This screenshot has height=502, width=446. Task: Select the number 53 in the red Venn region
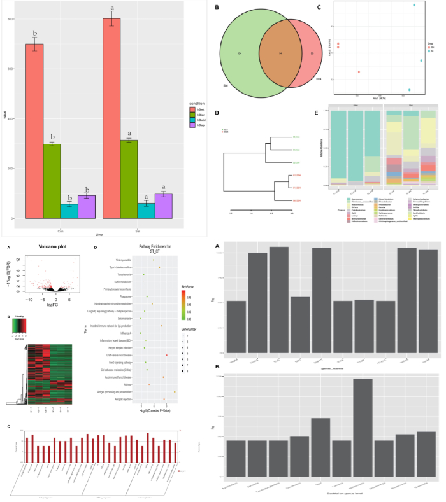pos(312,53)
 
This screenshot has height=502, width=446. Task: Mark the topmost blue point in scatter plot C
pos(415,6)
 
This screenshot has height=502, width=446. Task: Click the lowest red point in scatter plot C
pos(359,72)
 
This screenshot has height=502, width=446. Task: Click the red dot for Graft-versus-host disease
pos(167,355)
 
